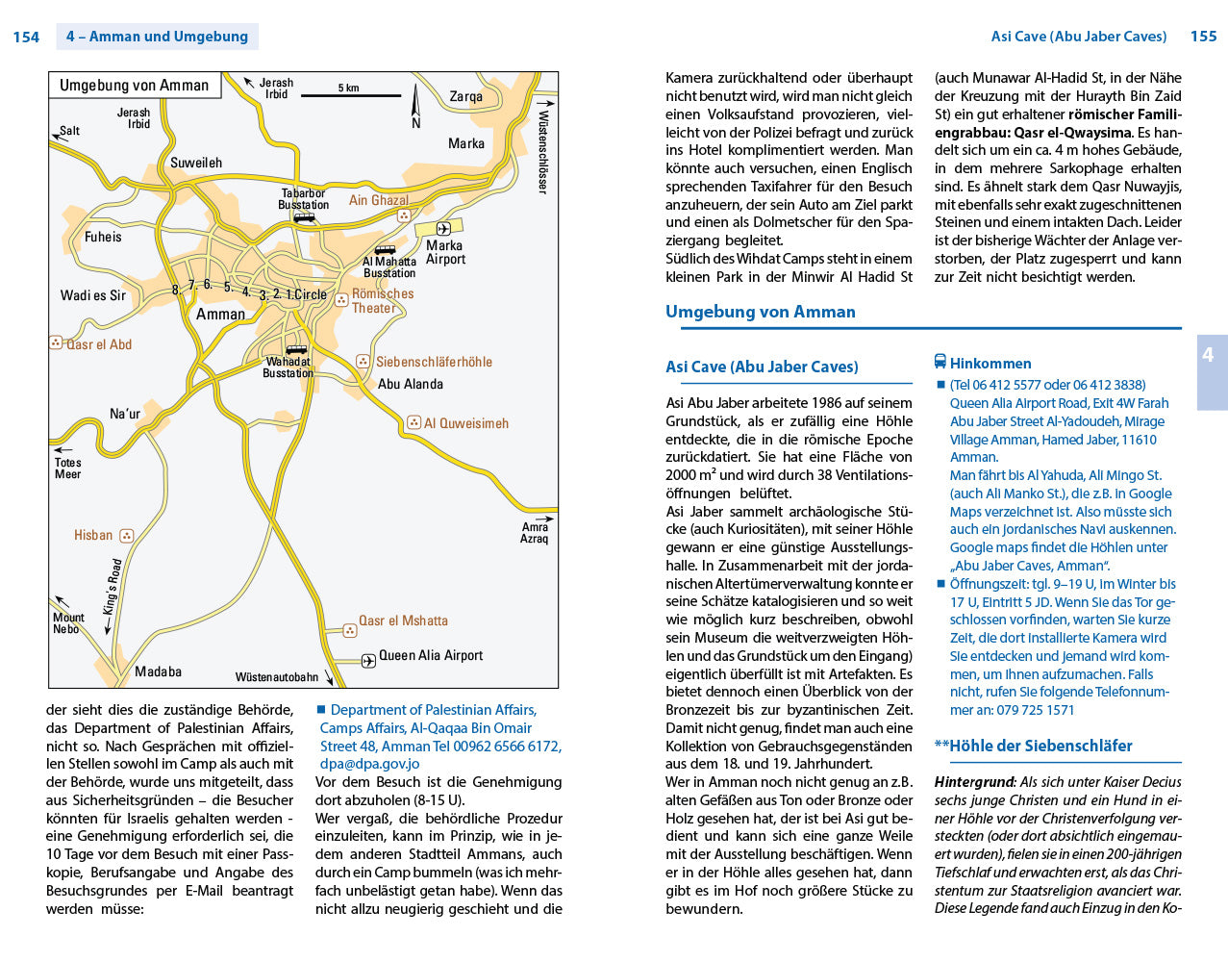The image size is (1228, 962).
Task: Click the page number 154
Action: click(x=26, y=37)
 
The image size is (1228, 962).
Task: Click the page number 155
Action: click(x=1203, y=36)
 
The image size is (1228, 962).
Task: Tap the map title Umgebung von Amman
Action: click(x=134, y=85)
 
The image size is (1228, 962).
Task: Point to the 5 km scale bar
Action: click(x=351, y=95)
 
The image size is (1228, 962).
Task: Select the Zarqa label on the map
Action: click(x=465, y=96)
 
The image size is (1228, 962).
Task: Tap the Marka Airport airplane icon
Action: click(x=443, y=228)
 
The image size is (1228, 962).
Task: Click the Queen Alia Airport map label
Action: click(x=430, y=655)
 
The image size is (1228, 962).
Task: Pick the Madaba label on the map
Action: click(x=158, y=671)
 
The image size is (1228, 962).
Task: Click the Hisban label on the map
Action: click(x=93, y=535)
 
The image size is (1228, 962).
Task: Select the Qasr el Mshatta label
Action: click(x=403, y=620)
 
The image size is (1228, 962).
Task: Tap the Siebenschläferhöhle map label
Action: click(x=434, y=362)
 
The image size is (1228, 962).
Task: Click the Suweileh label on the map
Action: click(x=196, y=163)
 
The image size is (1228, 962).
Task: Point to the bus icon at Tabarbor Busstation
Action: click(x=304, y=217)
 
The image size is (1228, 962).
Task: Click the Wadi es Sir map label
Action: click(x=93, y=295)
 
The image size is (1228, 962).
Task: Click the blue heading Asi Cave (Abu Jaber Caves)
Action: click(x=762, y=367)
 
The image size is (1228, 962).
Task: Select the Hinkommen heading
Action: click(x=990, y=363)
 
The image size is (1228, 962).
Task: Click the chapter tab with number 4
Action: click(x=1209, y=355)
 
